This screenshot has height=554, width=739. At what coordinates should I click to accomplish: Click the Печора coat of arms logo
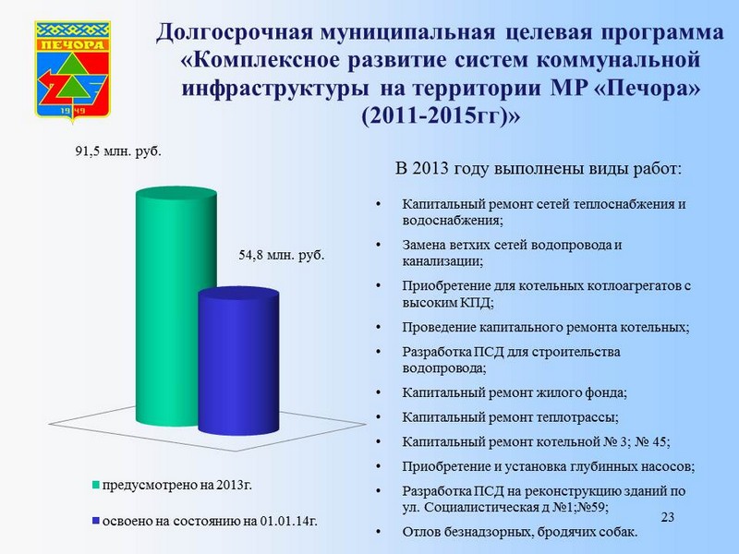click(x=73, y=70)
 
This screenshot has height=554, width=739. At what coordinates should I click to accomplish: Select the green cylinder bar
click(x=176, y=307)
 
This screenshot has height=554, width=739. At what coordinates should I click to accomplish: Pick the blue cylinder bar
click(x=238, y=360)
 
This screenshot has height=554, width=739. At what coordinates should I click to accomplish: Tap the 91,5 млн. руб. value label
click(x=118, y=151)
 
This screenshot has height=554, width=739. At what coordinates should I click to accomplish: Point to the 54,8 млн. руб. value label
click(x=282, y=256)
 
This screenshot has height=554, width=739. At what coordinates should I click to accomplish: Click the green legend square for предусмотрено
click(x=96, y=486)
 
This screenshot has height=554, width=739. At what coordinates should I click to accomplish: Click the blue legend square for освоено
click(x=96, y=522)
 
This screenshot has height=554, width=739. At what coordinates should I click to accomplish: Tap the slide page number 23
click(x=667, y=517)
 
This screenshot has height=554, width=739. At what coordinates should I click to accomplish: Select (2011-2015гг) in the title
click(x=441, y=116)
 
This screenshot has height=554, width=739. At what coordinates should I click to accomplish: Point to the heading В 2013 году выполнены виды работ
click(x=539, y=168)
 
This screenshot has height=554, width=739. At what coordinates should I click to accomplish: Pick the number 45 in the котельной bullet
click(x=659, y=442)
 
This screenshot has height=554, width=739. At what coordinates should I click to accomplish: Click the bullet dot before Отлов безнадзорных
click(x=378, y=532)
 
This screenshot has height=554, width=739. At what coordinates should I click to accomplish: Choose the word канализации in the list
click(x=442, y=261)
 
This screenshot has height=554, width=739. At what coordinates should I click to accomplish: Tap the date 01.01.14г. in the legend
click(x=289, y=522)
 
